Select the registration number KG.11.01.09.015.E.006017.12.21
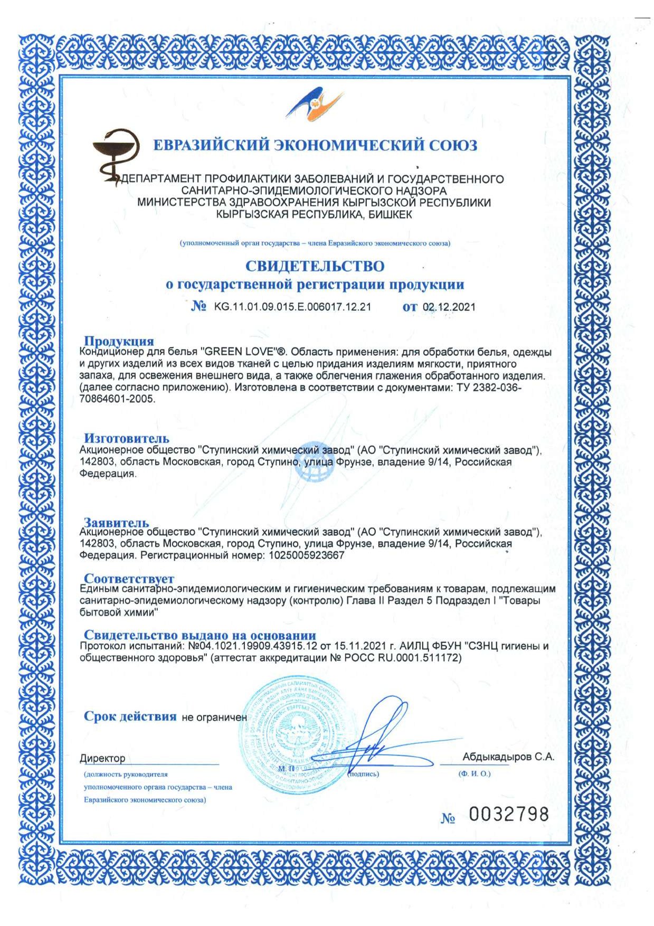292,307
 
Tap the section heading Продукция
119,341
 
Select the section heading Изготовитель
127,438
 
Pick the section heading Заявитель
116,523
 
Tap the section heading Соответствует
129,579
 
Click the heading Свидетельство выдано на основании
200,635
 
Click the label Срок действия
130,716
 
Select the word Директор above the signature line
102,759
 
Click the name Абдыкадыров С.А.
508,757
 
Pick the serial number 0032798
509,814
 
